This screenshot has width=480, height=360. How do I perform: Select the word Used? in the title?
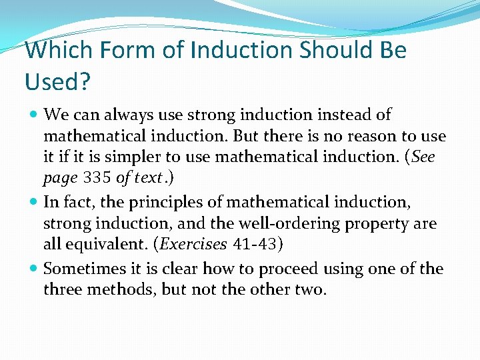click(x=57, y=81)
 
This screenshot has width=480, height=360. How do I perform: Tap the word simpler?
click(x=132, y=158)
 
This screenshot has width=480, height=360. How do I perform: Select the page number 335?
click(x=97, y=179)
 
